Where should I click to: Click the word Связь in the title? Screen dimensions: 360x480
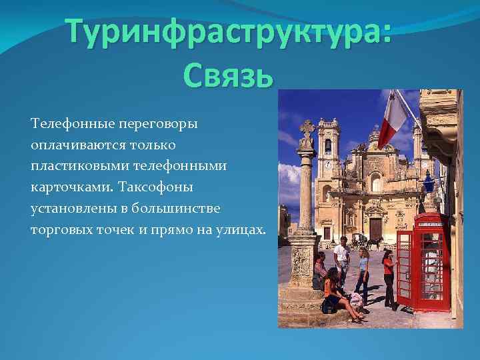(x=227, y=75)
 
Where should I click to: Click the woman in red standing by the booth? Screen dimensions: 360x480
(x=388, y=277)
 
